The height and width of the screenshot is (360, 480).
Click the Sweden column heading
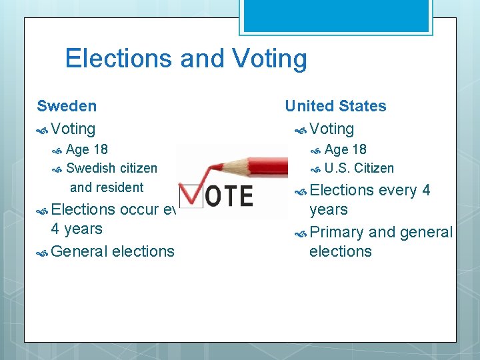coord(67,106)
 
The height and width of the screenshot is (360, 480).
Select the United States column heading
coord(335,106)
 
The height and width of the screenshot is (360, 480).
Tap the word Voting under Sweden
coord(73,129)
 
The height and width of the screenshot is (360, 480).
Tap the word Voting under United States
coord(331,129)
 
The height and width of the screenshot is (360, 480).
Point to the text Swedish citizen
coord(112,168)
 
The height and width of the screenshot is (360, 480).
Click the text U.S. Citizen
coord(359,168)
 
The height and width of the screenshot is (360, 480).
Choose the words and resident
coord(107,187)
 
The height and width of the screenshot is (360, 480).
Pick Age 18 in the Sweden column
coord(87,149)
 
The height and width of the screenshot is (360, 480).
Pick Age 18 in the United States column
coord(345,149)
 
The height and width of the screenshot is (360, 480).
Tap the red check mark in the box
coord(190,193)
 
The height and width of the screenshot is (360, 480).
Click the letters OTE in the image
coord(227,195)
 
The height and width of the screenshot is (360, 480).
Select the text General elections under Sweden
coord(112,251)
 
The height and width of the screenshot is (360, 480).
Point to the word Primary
coord(337,232)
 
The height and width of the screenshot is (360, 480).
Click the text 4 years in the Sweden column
coord(77,229)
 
